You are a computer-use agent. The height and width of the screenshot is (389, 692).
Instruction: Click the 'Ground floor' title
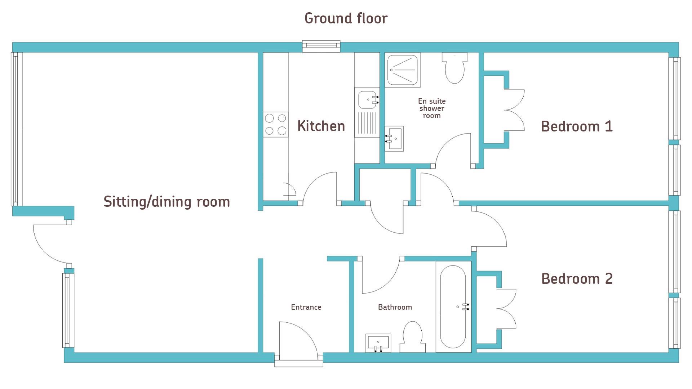[346, 18]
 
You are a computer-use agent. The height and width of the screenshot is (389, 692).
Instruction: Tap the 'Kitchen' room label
[321, 126]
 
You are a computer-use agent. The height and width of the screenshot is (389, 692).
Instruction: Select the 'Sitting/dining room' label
[167, 202]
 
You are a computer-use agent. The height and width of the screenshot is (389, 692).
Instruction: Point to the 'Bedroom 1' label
[577, 126]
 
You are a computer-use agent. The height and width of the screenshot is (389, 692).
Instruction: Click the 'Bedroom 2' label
[577, 279]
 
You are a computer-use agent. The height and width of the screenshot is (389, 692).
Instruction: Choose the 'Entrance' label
[306, 307]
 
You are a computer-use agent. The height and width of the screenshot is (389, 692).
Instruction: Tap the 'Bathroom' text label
[395, 307]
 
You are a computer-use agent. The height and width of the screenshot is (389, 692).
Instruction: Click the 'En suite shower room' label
[432, 108]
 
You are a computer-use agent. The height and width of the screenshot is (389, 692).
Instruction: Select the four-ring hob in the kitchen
[276, 124]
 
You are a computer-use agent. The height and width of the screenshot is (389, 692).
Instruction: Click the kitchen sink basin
[367, 99]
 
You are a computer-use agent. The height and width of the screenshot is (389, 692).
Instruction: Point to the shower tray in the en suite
[402, 70]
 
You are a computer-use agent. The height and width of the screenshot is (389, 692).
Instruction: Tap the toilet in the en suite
[454, 68]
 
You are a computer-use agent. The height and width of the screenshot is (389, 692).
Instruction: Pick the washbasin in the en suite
[394, 138]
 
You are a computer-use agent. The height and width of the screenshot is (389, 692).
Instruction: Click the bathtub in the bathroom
[453, 307]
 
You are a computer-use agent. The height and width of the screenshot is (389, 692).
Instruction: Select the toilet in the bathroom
[413, 337]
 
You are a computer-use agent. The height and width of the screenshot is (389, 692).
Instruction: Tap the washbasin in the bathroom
[378, 343]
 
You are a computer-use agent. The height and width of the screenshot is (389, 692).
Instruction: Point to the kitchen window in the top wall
[321, 46]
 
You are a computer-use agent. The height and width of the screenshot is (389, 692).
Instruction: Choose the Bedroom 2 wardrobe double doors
[506, 309]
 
